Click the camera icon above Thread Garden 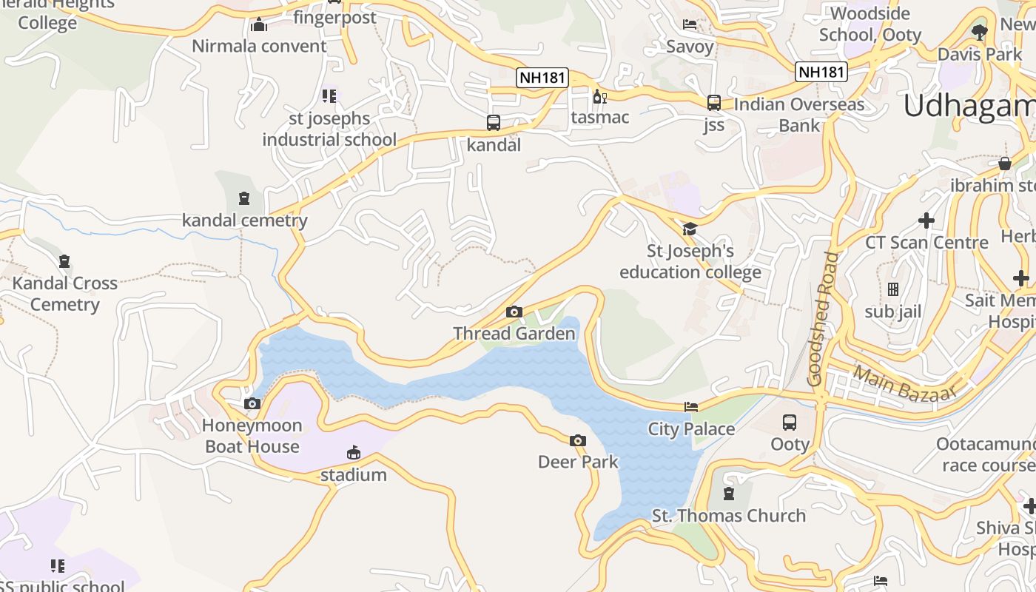pos(514,312)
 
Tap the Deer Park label pos(578,462)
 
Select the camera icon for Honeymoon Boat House pos(252,404)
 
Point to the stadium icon pos(354,453)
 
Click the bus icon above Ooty pos(790,423)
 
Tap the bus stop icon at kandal pos(494,123)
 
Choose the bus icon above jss pos(714,103)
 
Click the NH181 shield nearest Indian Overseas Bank pos(821,72)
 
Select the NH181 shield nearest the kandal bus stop pos(542,77)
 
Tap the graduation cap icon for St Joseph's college pos(690,229)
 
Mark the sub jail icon pos(893,289)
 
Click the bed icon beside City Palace pos(690,406)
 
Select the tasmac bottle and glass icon pos(599,96)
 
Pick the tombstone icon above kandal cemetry pos(244,198)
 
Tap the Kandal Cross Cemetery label pos(65,294)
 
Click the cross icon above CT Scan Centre pos(926,221)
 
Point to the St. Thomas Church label pos(729,516)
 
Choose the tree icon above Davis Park pos(980,32)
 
